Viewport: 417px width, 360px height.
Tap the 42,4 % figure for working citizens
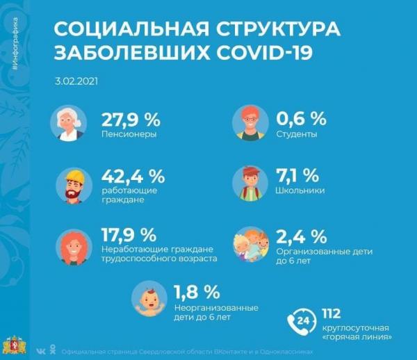point(133,177)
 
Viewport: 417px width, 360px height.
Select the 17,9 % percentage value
point(129,235)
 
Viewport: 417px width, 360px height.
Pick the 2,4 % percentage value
point(301,235)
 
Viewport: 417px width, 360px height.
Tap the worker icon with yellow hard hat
point(73,184)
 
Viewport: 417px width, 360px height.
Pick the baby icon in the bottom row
point(150,300)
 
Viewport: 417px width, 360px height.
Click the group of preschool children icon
point(252,245)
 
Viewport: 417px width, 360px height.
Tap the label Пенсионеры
point(129,133)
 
